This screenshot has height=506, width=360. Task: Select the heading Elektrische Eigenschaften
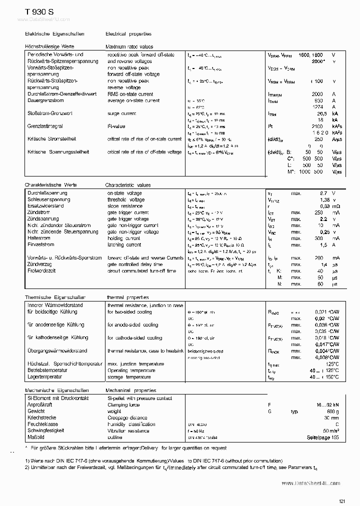tap(54, 34)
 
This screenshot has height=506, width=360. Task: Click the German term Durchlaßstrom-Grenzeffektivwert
tap(62, 93)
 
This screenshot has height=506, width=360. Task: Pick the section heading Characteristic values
tap(127, 185)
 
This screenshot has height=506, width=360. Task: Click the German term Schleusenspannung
tap(48, 199)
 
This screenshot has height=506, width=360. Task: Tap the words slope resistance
tap(125, 206)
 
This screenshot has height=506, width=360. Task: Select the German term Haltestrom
tap(39, 238)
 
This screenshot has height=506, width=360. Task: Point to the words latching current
tap(124, 245)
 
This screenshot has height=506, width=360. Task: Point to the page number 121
tap(342, 487)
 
